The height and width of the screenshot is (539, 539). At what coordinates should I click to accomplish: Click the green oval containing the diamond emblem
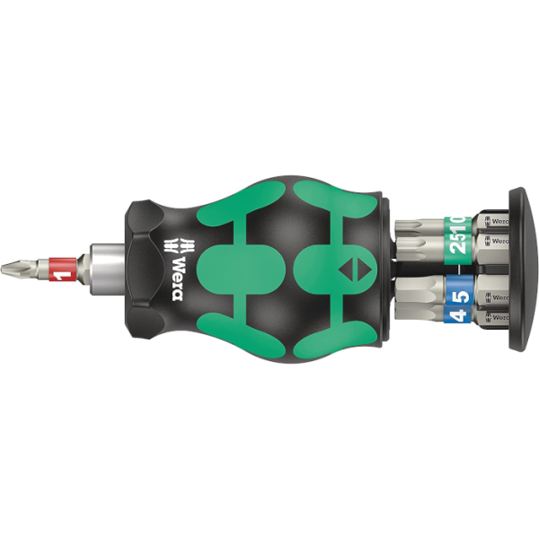coord(346,268)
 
